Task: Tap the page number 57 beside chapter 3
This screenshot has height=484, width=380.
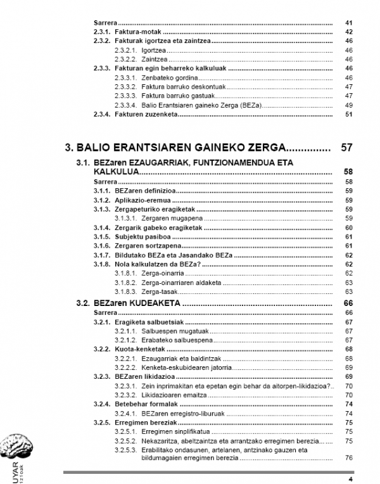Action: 346,148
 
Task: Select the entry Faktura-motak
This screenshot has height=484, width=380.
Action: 137,32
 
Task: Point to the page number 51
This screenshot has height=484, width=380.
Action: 348,114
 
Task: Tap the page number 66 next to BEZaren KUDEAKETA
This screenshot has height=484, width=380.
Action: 348,303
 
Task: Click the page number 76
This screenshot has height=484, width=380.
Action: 348,457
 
